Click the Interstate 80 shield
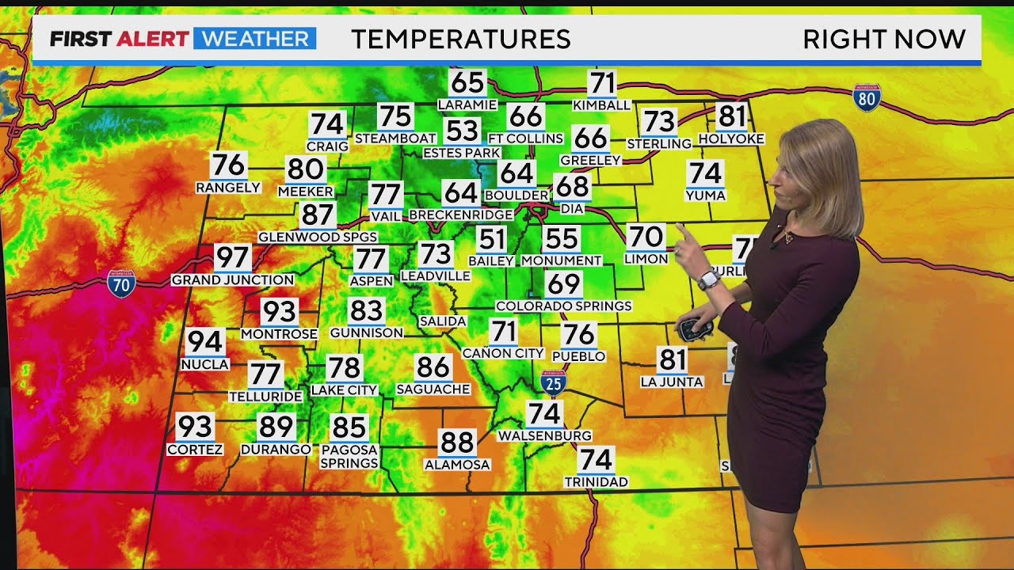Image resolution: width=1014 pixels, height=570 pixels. click(x=867, y=97)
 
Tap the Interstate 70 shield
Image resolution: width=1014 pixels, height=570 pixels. click(x=121, y=283)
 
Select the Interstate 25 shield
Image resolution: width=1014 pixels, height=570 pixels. click(x=554, y=383)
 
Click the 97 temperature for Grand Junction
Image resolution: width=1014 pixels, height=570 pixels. click(x=232, y=258)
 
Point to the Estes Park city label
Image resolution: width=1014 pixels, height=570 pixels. click(x=462, y=153)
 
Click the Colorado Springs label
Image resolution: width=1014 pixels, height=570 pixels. click(x=563, y=306)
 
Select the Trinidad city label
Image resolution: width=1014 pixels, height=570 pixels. click(x=596, y=481)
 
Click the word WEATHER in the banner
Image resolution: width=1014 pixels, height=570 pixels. click(x=254, y=39)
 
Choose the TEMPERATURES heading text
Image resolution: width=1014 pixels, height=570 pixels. click(x=460, y=39)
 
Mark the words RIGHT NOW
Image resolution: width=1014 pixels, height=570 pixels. click(x=884, y=39)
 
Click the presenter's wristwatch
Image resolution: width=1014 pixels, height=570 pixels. click(x=707, y=279)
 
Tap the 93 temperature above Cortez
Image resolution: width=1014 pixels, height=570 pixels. click(x=195, y=427)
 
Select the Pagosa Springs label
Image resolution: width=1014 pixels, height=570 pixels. click(x=349, y=456)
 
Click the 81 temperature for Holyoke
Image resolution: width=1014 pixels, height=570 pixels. click(x=732, y=117)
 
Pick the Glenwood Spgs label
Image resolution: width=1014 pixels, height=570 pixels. click(x=318, y=237)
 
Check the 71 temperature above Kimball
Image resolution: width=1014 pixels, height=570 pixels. click(x=602, y=83)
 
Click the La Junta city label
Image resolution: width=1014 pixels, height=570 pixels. click(x=672, y=382)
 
